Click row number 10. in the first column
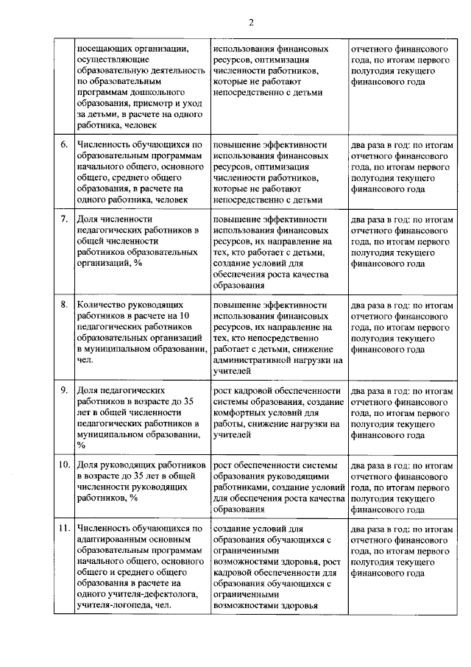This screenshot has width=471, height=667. pyautogui.click(x=64, y=465)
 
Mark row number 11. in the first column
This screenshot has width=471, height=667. pyautogui.click(x=64, y=528)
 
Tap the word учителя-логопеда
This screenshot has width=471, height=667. pyautogui.click(x=111, y=605)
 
